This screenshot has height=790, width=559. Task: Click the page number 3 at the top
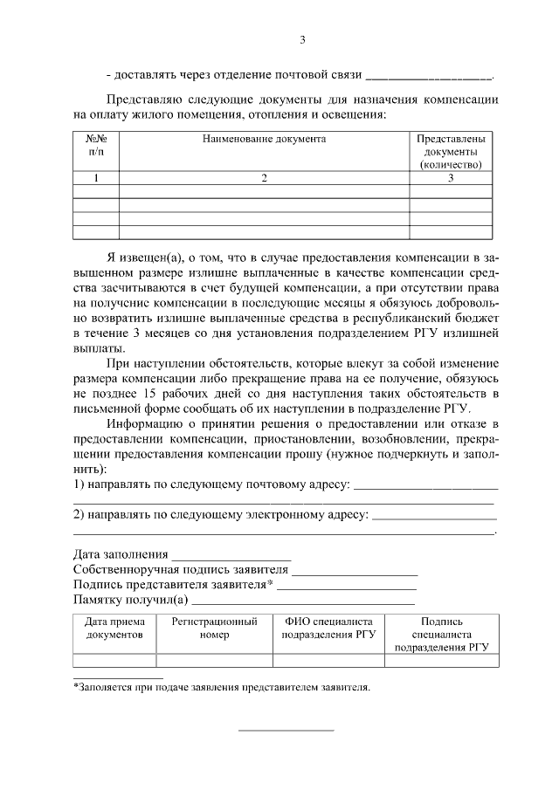pyautogui.click(x=302, y=39)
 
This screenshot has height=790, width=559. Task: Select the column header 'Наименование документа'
pyautogui.click(x=264, y=139)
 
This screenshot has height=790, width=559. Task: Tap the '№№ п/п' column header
pyautogui.click(x=95, y=145)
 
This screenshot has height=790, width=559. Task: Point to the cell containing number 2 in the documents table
pyautogui.click(x=264, y=178)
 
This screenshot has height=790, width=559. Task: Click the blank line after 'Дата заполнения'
pyautogui.click(x=231, y=554)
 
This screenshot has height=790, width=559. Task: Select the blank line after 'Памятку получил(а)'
pyautogui.click(x=302, y=600)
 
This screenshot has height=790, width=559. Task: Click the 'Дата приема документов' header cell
pyautogui.click(x=114, y=629)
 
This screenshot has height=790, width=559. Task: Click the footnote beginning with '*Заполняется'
pyautogui.click(x=222, y=687)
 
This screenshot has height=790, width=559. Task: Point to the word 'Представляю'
pyautogui.click(x=141, y=99)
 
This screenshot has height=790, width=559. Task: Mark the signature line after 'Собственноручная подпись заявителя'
pyautogui.click(x=355, y=570)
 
